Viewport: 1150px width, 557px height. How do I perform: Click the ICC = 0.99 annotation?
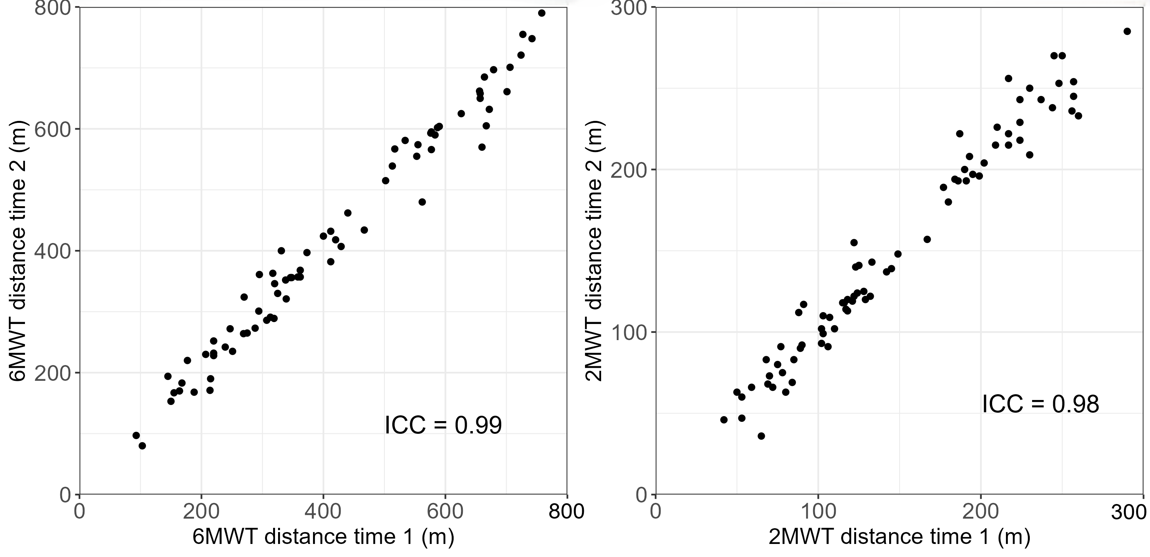point(443,425)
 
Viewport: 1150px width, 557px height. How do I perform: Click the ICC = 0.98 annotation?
point(1040,404)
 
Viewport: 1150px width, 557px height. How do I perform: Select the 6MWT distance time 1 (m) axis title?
point(323,537)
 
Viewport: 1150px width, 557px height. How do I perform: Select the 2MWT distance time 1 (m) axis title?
point(899,537)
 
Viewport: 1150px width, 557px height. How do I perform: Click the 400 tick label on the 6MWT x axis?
point(323,511)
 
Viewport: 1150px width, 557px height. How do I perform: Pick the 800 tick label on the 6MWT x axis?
point(566,511)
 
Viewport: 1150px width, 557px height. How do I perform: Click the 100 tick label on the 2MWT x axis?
point(818,511)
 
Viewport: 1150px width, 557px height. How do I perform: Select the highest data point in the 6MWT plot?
point(542,13)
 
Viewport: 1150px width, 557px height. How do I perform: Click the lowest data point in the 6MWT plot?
point(143,445)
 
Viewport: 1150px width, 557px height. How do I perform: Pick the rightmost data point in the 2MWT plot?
point(1127,31)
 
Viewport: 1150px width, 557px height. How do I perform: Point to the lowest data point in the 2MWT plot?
point(761,436)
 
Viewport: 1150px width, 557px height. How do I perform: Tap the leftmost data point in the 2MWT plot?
point(724,420)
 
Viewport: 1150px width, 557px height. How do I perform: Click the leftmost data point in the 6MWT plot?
point(136,435)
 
